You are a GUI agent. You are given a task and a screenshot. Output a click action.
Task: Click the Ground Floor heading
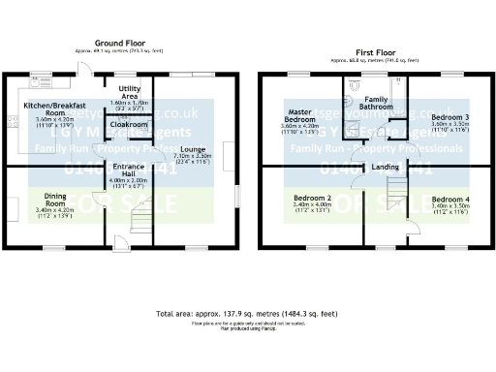tap(122, 43)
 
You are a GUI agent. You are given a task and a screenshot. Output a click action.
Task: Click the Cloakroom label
tap(129, 124)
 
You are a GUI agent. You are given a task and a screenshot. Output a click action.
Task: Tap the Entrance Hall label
tap(129, 171)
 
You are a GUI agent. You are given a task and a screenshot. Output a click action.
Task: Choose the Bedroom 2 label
tap(313, 200)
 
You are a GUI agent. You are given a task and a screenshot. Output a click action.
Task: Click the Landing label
tap(385, 168)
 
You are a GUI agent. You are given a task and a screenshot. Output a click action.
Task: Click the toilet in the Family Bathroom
tap(353, 110)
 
